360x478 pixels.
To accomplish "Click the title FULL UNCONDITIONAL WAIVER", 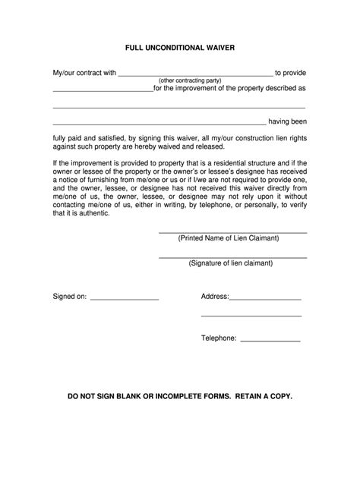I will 180,47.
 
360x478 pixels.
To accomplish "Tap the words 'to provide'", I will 290,73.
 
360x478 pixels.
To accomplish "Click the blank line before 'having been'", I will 159,124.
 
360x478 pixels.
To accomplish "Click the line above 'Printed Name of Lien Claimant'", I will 232,232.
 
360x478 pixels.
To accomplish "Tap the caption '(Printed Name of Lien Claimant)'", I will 229,237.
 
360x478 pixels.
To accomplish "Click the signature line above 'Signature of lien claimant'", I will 232,257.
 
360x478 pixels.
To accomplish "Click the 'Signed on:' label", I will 69,297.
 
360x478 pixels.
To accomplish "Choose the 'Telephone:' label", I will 219,338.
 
